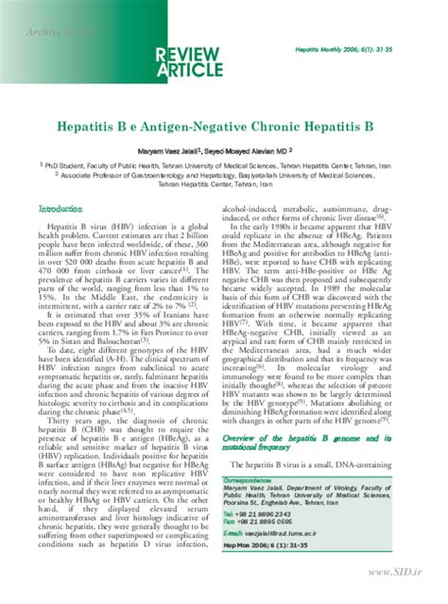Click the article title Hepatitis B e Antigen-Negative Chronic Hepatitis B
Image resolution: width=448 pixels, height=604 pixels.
coord(224,125)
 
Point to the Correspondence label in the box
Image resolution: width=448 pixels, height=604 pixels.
coord(253,479)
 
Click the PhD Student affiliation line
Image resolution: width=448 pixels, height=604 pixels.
coord(227,164)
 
